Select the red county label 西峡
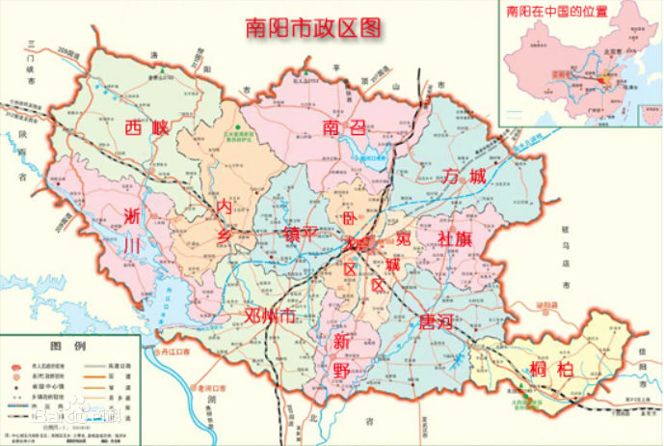[146, 129]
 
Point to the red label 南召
[344, 126]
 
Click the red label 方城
[465, 175]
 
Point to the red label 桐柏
[550, 368]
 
